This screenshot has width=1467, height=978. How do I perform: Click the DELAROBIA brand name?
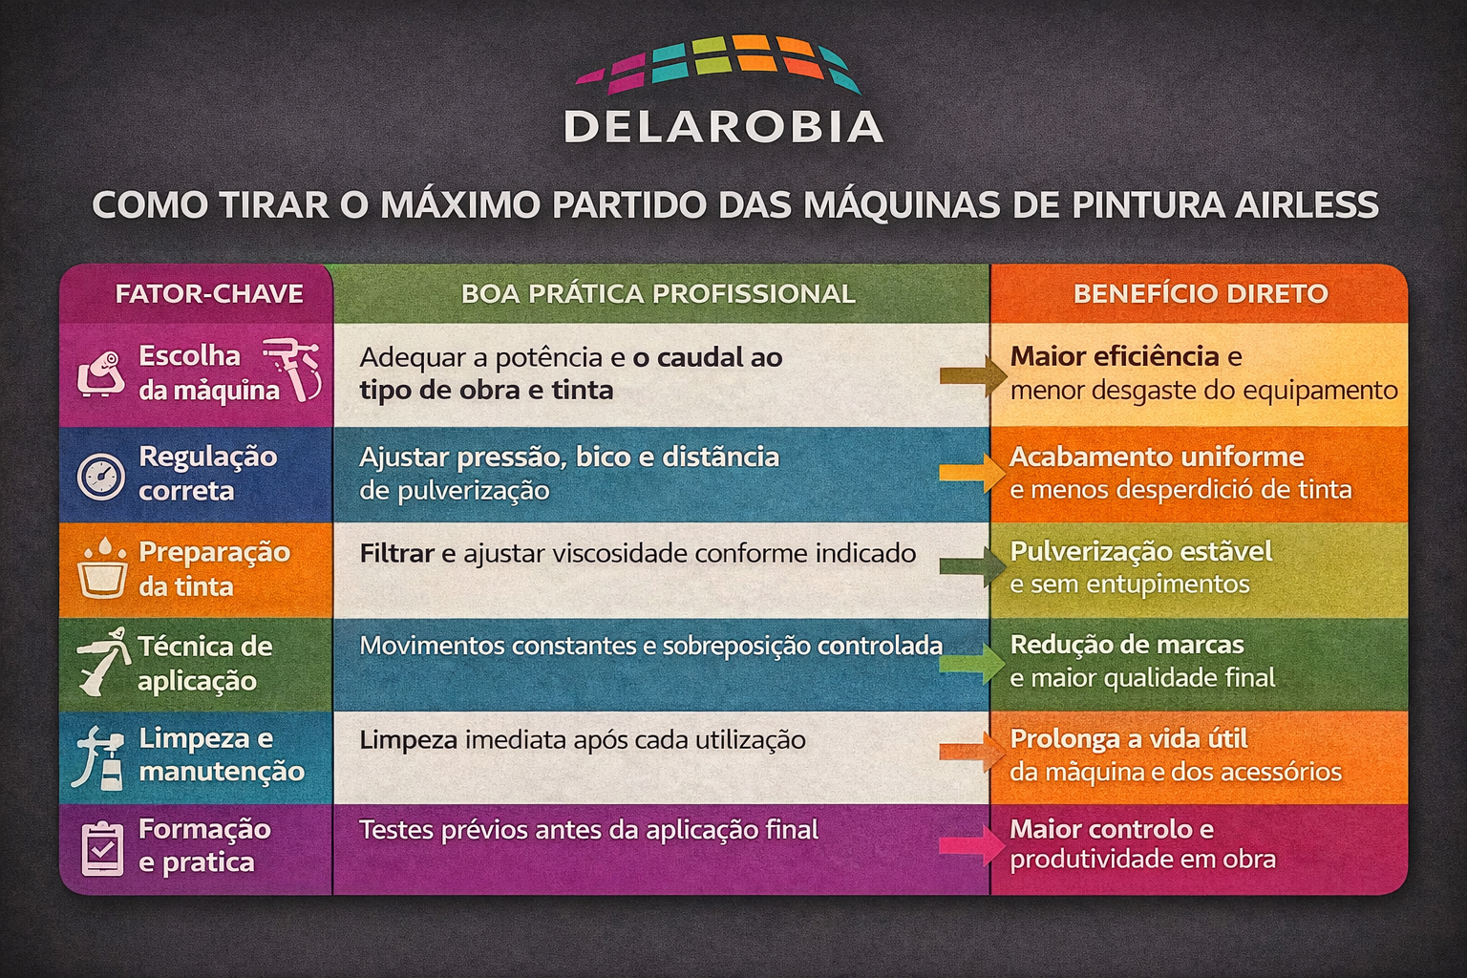tap(724, 126)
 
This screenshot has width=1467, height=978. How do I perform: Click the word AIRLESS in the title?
tap(1306, 204)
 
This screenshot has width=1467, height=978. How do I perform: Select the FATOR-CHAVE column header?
tap(209, 293)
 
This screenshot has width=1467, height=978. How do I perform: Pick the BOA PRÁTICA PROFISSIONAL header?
tap(658, 293)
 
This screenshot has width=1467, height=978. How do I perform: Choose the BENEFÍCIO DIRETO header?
tap(1201, 293)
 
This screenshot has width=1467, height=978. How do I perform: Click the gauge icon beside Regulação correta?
tap(101, 477)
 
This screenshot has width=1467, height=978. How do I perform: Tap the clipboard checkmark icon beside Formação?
tap(102, 848)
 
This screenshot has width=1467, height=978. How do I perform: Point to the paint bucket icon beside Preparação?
tap(102, 567)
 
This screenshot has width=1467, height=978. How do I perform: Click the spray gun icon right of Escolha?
tap(293, 369)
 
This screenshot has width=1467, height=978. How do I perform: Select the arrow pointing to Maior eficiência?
tap(973, 375)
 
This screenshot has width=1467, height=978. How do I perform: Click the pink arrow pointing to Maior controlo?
tap(972, 845)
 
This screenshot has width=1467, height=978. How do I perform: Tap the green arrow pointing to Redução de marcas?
tap(972, 664)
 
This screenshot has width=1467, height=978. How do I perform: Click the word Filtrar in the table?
tap(397, 554)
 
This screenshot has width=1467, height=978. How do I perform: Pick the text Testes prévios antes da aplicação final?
tap(588, 830)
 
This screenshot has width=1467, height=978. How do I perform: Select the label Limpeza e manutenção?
tap(222, 755)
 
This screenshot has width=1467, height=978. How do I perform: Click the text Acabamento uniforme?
tap(1157, 457)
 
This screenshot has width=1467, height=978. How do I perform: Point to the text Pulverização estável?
tap(1141, 551)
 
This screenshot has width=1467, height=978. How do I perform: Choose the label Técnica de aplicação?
tap(204, 664)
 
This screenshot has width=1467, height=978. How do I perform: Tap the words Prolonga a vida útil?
tap(1128, 739)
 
